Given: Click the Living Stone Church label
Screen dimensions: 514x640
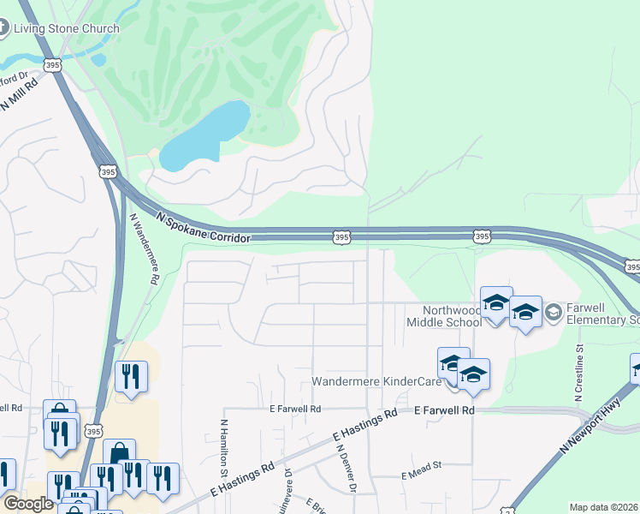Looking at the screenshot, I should [65, 28].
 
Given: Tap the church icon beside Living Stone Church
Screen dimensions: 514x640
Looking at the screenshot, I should [3, 27].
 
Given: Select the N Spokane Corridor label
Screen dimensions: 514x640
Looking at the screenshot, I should [203, 227].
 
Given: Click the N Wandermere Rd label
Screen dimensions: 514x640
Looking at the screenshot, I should [144, 248].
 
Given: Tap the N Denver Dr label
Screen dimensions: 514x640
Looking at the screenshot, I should [346, 468].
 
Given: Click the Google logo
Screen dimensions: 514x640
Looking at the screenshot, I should [27, 504].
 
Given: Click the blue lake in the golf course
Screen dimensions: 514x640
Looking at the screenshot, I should [205, 135].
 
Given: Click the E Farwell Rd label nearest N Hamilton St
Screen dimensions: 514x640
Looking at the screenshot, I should [295, 409].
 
